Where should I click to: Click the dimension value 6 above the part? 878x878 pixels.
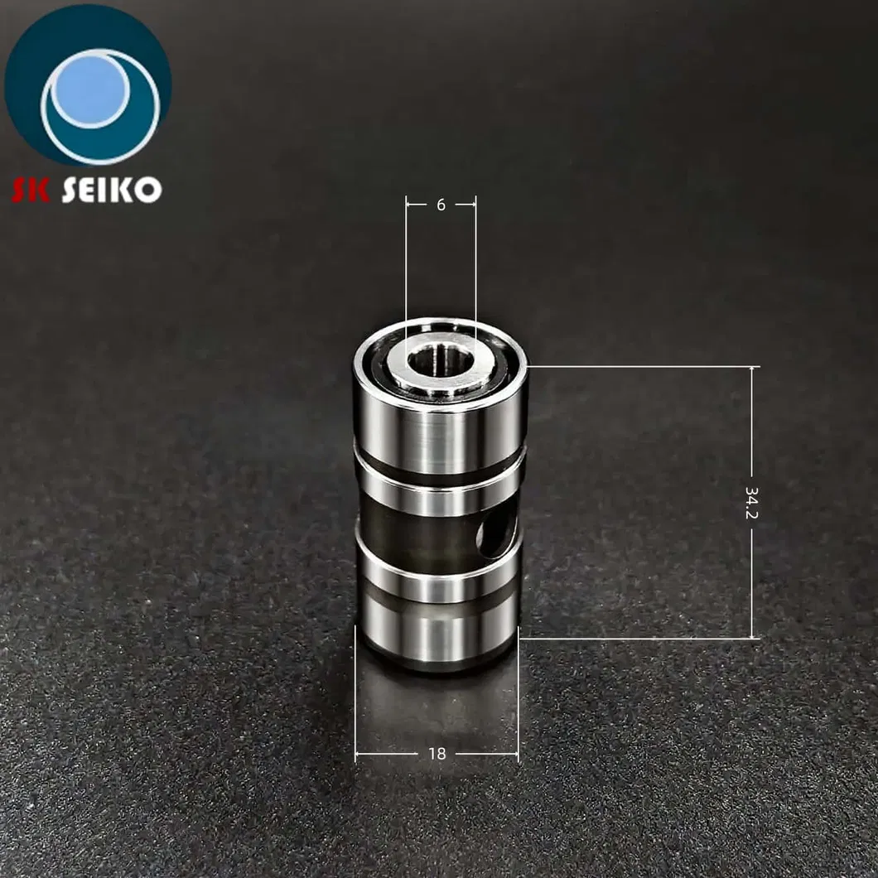tap(441, 205)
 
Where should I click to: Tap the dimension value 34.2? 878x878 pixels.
tap(751, 503)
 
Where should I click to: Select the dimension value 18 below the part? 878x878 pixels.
tap(437, 754)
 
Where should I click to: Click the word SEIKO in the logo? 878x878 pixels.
tap(111, 190)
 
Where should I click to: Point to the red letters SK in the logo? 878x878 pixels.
tap(31, 190)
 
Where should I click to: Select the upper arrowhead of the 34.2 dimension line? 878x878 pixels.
tap(752, 370)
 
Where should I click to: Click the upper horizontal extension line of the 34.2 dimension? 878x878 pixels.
tap(638, 366)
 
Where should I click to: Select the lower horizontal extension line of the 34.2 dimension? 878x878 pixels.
tap(638, 639)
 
